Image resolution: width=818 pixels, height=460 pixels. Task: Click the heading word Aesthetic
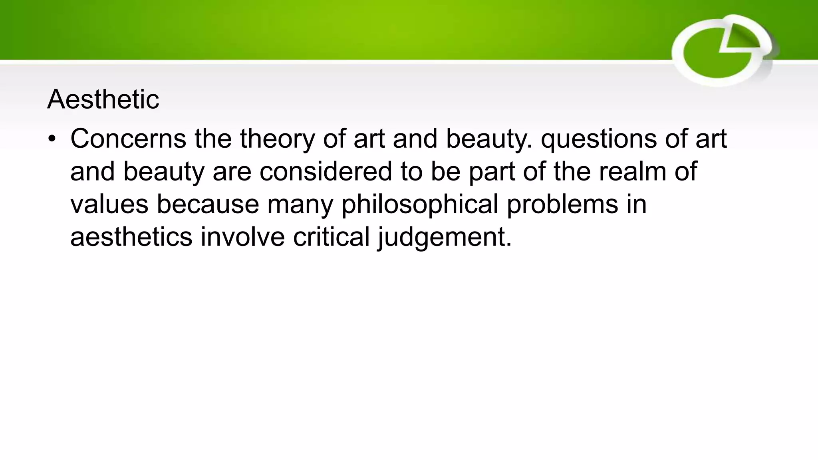(x=103, y=99)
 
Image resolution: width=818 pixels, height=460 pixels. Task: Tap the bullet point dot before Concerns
(x=52, y=139)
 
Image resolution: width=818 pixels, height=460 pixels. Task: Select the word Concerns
(x=128, y=139)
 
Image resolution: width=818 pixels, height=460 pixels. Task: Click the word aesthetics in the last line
(x=131, y=237)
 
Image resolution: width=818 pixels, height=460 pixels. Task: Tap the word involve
(x=242, y=237)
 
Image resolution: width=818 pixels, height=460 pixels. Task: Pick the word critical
(x=331, y=237)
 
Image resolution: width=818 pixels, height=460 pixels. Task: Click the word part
(x=492, y=172)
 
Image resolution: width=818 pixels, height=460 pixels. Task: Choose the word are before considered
(x=232, y=172)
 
